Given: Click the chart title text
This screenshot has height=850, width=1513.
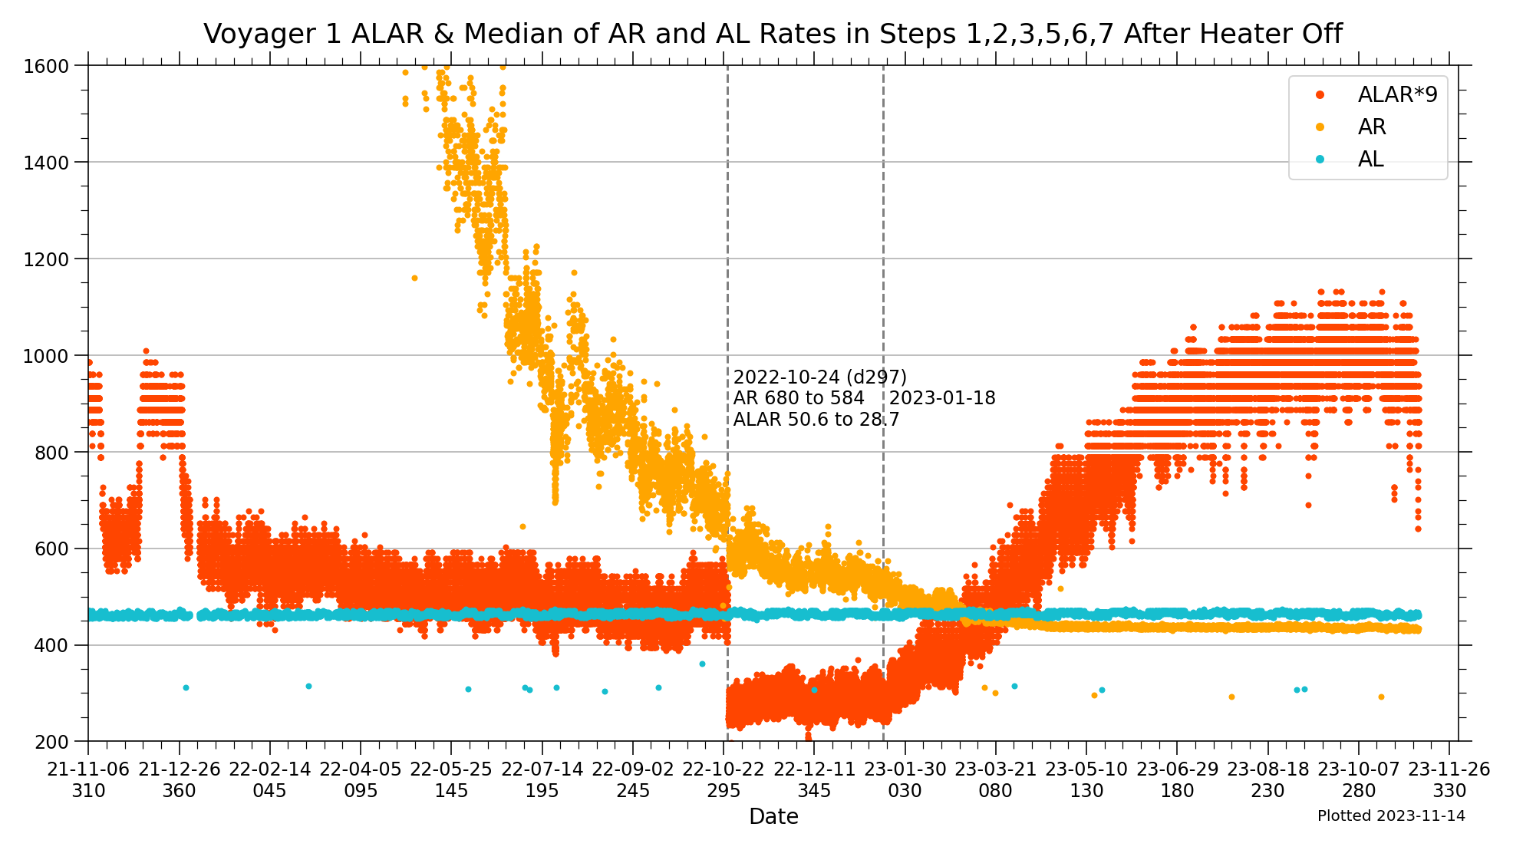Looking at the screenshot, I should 773,35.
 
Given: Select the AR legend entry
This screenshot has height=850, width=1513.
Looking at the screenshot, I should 1372,127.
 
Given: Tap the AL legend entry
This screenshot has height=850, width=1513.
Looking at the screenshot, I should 1370,159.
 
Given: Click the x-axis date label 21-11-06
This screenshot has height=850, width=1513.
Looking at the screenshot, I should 89,769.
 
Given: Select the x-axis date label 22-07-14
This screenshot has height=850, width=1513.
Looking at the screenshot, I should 542,769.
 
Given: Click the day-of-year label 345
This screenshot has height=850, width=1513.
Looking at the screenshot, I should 814,791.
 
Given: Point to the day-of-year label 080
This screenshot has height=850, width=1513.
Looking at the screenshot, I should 995,791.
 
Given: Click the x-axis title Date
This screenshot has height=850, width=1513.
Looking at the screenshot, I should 773,817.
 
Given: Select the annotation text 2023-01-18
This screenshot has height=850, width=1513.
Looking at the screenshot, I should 942,398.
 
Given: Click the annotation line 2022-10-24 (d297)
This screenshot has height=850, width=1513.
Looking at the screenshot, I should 819,377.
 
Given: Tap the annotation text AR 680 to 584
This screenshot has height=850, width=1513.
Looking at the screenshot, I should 799,398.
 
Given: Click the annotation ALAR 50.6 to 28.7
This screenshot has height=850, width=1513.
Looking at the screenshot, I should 816,420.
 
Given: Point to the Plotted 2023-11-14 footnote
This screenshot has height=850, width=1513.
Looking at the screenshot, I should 1391,816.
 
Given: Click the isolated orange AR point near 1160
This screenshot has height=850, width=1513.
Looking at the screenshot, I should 414,278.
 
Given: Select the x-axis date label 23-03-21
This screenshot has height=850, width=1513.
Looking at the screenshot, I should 996,769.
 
